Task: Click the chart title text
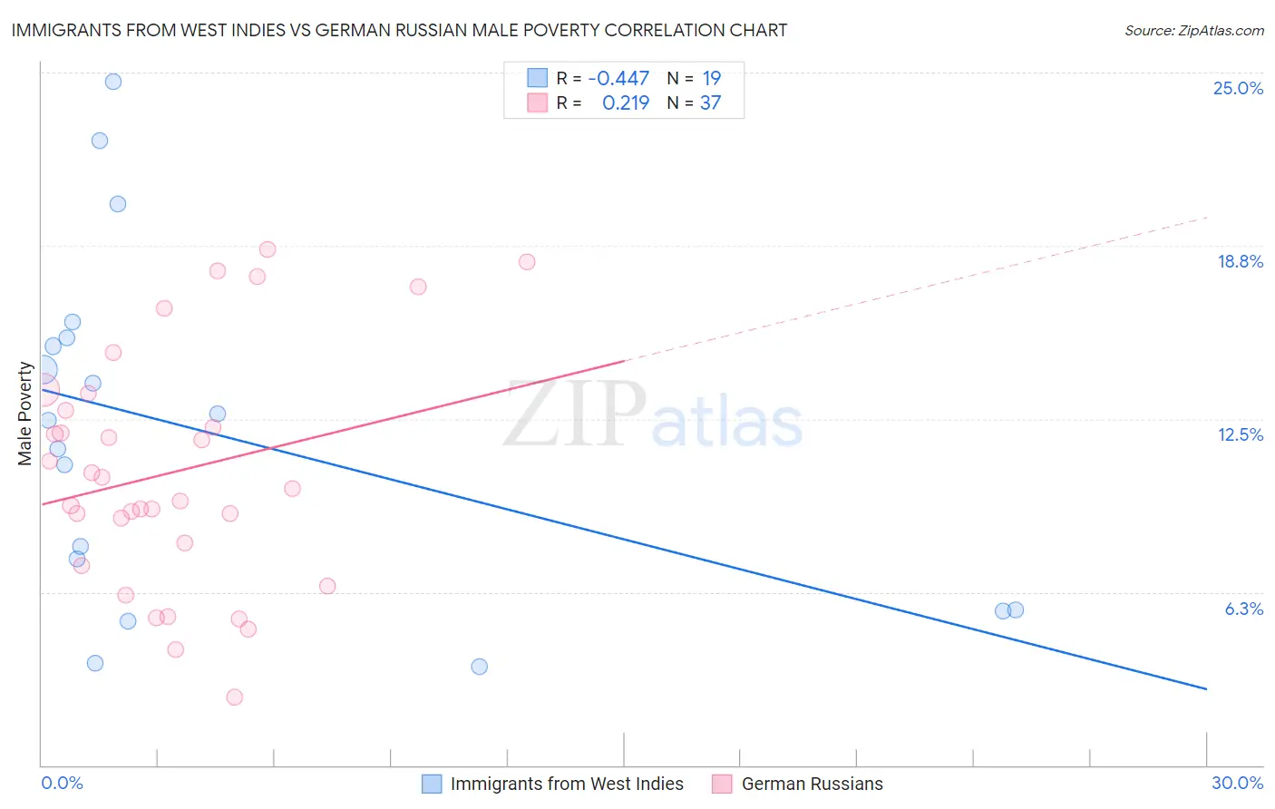pyautogui.click(x=399, y=30)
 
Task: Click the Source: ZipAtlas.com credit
pyautogui.click(x=1193, y=31)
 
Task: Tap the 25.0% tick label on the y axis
pyautogui.click(x=1238, y=88)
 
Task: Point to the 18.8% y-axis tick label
pyautogui.click(x=1240, y=261)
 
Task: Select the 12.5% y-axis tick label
pyautogui.click(x=1240, y=434)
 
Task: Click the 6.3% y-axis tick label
pyautogui.click(x=1243, y=609)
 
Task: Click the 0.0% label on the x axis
pyautogui.click(x=62, y=783)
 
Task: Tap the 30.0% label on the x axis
pyautogui.click(x=1237, y=783)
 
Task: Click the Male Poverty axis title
pyautogui.click(x=25, y=414)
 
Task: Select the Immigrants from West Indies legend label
pyautogui.click(x=567, y=784)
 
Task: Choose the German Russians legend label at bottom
pyautogui.click(x=812, y=784)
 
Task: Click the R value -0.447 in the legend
pyautogui.click(x=618, y=79)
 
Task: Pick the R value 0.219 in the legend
pyautogui.click(x=626, y=103)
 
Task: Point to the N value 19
pyautogui.click(x=711, y=79)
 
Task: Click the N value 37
pyautogui.click(x=710, y=103)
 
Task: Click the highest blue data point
pyautogui.click(x=113, y=82)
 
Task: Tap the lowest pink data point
pyautogui.click(x=235, y=697)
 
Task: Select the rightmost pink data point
pyautogui.click(x=527, y=262)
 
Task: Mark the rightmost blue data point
pyautogui.click(x=1016, y=609)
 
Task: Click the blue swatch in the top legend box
pyautogui.click(x=538, y=78)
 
